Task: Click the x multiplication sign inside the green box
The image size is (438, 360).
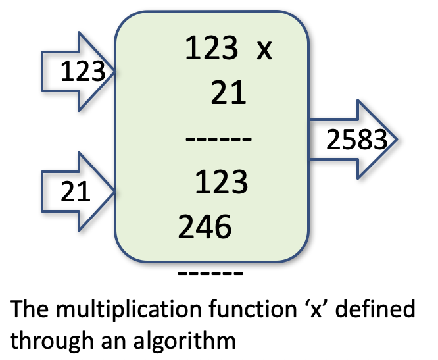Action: coord(264,50)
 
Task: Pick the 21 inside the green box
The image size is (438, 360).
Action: coord(228,96)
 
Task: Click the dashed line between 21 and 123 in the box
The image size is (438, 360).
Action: coord(217,140)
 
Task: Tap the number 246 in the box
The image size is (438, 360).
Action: coord(205,228)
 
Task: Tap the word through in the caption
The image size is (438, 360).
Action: coord(49,340)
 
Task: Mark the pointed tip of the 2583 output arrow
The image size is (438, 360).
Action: coord(397,140)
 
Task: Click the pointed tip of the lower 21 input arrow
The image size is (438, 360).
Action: coord(116,191)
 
